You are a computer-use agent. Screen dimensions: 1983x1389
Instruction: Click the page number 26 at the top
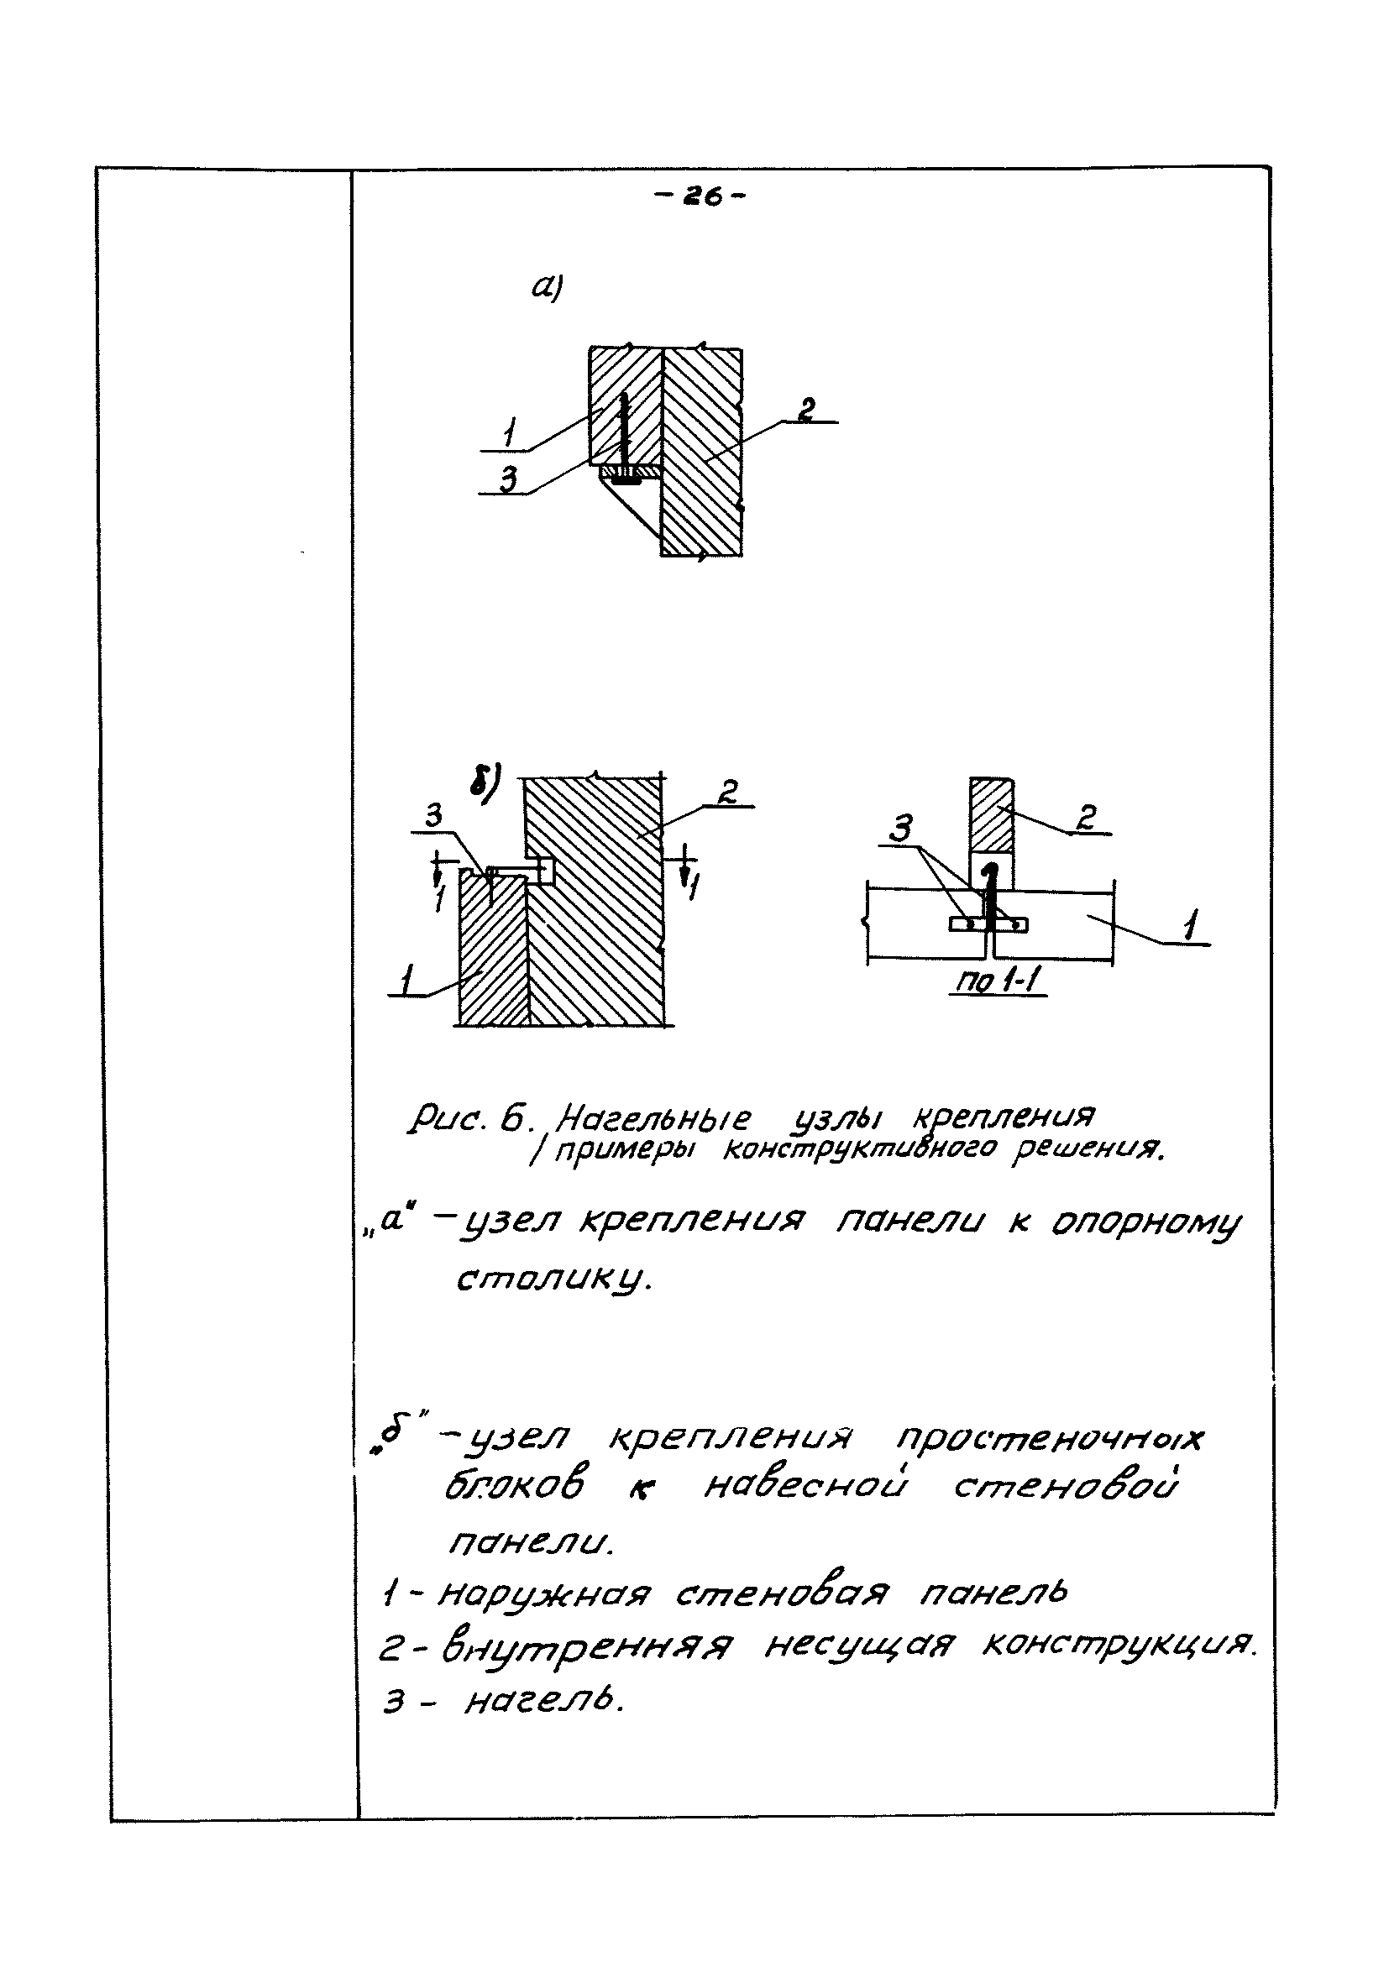click(700, 198)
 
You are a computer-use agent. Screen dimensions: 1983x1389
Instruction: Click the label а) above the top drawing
click(547, 288)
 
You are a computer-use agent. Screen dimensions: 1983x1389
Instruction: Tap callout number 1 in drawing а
click(511, 432)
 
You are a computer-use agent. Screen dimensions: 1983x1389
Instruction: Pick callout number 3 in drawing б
click(433, 816)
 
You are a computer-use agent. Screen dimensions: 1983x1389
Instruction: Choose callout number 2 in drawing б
click(727, 793)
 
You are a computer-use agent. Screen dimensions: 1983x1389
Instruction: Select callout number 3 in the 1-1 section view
click(901, 830)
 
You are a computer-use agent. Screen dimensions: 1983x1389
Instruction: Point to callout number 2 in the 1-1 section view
click(1087, 817)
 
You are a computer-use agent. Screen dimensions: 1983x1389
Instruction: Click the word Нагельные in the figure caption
click(653, 1120)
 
